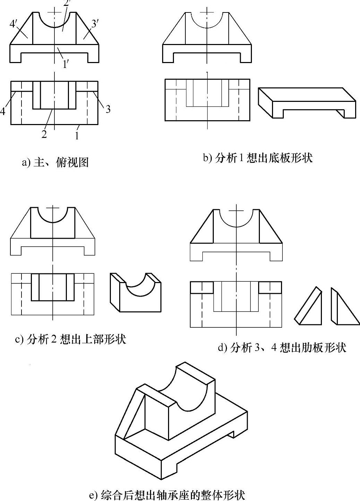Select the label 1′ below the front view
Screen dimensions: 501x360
click(x=65, y=64)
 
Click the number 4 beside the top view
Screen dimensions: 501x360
click(x=3, y=111)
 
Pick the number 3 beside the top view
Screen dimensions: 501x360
click(x=108, y=109)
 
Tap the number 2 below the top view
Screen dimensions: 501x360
click(x=44, y=134)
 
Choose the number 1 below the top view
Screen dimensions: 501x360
click(x=77, y=135)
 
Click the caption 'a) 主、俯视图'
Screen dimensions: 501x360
click(x=55, y=162)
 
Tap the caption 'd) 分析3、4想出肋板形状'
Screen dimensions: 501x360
click(x=282, y=347)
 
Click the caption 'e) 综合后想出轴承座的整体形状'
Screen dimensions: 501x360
click(x=167, y=495)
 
